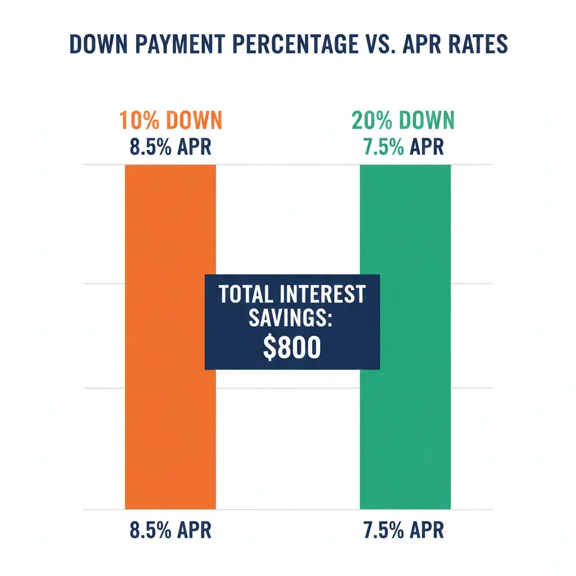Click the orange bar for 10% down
(x=170, y=337)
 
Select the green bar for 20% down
(x=405, y=337)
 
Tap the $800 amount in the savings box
(x=292, y=348)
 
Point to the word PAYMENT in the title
(x=180, y=44)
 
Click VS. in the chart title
(x=381, y=44)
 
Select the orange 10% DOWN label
(x=171, y=120)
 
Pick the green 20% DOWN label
(x=403, y=120)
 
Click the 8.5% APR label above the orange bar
(x=170, y=147)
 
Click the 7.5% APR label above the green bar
(x=403, y=147)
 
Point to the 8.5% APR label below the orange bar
(x=170, y=530)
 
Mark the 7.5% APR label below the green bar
(x=403, y=530)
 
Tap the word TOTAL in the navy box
(x=245, y=294)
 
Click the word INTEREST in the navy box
(x=322, y=294)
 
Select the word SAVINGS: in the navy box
(x=291, y=318)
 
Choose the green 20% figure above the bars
(x=372, y=120)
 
